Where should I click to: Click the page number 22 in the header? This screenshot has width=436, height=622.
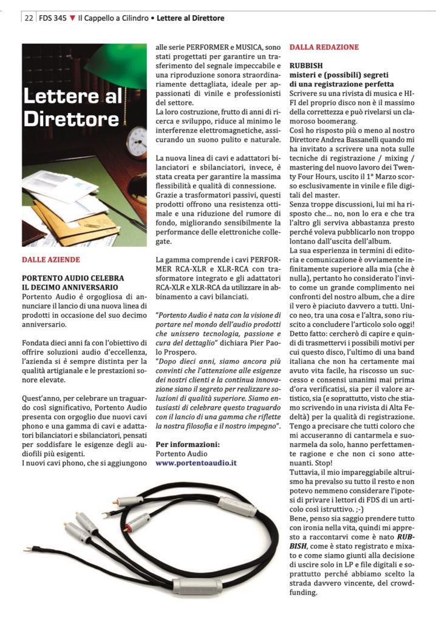[29, 18]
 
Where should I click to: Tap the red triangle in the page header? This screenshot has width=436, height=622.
[73, 18]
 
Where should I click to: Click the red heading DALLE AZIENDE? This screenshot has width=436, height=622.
[50, 259]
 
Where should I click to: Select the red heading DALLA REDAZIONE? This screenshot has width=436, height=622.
[324, 47]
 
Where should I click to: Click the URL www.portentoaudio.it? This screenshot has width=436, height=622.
[196, 462]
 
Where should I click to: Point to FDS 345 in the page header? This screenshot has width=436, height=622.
[53, 18]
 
